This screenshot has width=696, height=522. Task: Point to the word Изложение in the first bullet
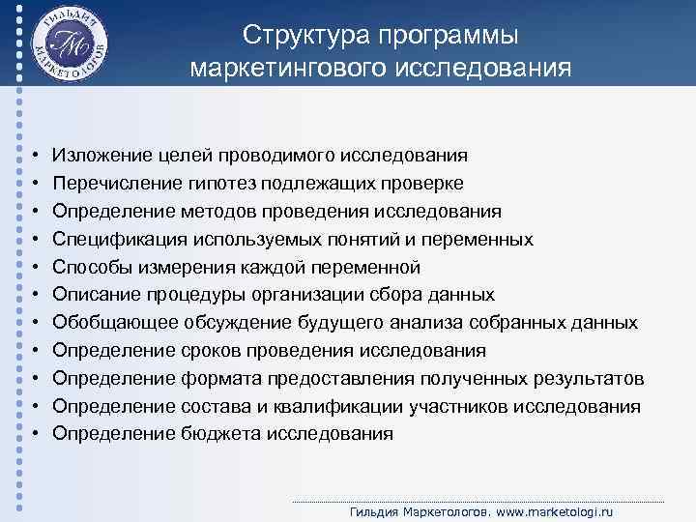pos(100,155)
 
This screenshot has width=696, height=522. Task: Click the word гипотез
pos(231,183)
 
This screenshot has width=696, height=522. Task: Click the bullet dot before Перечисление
pos(33,183)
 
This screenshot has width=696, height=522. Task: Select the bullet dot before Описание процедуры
pos(33,295)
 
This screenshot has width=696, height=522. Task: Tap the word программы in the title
pos(449,36)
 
